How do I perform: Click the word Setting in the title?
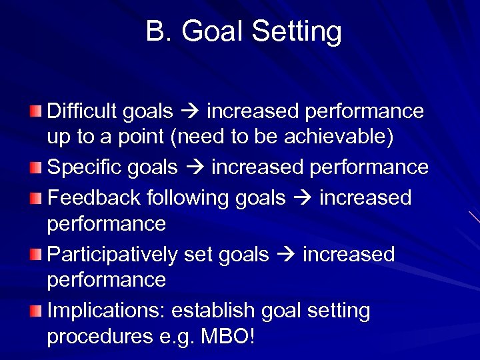(x=294, y=31)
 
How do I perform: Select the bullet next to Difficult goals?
(x=37, y=111)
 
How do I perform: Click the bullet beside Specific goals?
(x=37, y=167)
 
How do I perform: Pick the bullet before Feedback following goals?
(x=37, y=198)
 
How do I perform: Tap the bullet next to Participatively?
(x=37, y=255)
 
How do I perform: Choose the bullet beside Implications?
(x=37, y=311)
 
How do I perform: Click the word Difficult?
(x=82, y=111)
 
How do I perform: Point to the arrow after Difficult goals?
(x=190, y=111)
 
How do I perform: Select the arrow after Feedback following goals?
(x=303, y=199)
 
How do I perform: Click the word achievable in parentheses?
(x=338, y=138)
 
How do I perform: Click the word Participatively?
(x=112, y=255)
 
